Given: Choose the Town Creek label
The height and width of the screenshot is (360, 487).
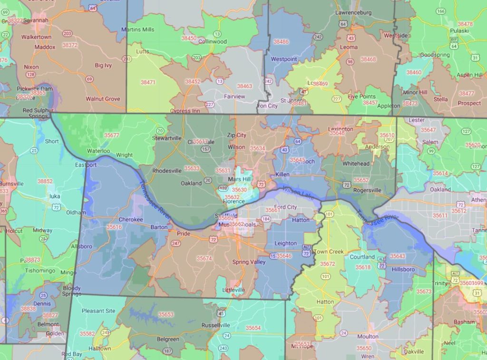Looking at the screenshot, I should click(x=329, y=252).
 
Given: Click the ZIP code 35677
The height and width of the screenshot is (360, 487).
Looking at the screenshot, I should click(x=112, y=135).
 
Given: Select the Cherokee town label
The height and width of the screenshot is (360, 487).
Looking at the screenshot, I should click(x=130, y=220).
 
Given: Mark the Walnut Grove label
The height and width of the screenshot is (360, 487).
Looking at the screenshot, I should click(x=102, y=99).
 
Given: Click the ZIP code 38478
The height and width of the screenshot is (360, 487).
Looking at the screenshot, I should click(x=465, y=24).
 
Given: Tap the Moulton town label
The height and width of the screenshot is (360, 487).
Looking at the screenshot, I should click(x=368, y=337).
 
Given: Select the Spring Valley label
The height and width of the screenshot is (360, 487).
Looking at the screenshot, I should click(x=247, y=262).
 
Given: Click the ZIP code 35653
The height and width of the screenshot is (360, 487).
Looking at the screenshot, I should click(x=166, y=314).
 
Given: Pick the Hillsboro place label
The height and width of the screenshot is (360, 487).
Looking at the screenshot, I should click(x=403, y=269).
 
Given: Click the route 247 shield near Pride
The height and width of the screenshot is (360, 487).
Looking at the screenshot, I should click(x=176, y=243).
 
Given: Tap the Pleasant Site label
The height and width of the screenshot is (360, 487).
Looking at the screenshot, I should click(x=98, y=311).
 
